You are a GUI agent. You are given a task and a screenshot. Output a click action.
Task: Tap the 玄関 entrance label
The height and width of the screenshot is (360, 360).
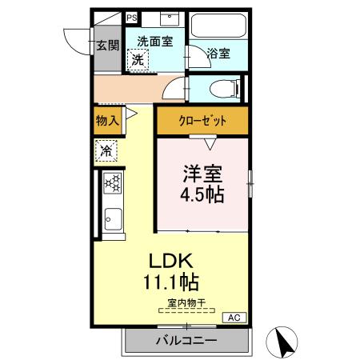(x=107, y=45)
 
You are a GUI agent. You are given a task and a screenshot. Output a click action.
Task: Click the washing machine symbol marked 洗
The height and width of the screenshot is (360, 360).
(x=138, y=59)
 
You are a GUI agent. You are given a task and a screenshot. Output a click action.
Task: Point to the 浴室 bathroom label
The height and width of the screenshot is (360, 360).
(x=218, y=54)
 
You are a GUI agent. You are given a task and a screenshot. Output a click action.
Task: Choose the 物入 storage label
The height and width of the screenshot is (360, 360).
(x=107, y=121)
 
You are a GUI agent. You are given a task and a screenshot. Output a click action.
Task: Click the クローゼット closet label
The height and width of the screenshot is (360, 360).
(x=202, y=121)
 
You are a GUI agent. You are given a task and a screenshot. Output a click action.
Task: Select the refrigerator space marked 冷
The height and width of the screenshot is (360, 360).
(x=106, y=150)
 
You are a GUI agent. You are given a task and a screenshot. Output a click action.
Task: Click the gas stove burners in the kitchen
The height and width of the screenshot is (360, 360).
(x=112, y=184)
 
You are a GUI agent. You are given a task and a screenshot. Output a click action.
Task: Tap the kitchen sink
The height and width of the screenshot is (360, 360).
(x=112, y=217)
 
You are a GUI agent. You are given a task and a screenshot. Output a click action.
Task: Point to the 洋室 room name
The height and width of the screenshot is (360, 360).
(x=202, y=173)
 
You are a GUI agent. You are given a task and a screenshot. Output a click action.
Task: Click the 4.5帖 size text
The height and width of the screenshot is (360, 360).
(x=202, y=194)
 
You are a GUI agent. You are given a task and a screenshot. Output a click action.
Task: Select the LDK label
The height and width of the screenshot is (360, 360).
(x=168, y=261)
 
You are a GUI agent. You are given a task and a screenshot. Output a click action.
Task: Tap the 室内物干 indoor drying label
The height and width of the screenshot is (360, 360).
(x=186, y=302)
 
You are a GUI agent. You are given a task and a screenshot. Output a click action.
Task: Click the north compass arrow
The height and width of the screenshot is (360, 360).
(x=282, y=342)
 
